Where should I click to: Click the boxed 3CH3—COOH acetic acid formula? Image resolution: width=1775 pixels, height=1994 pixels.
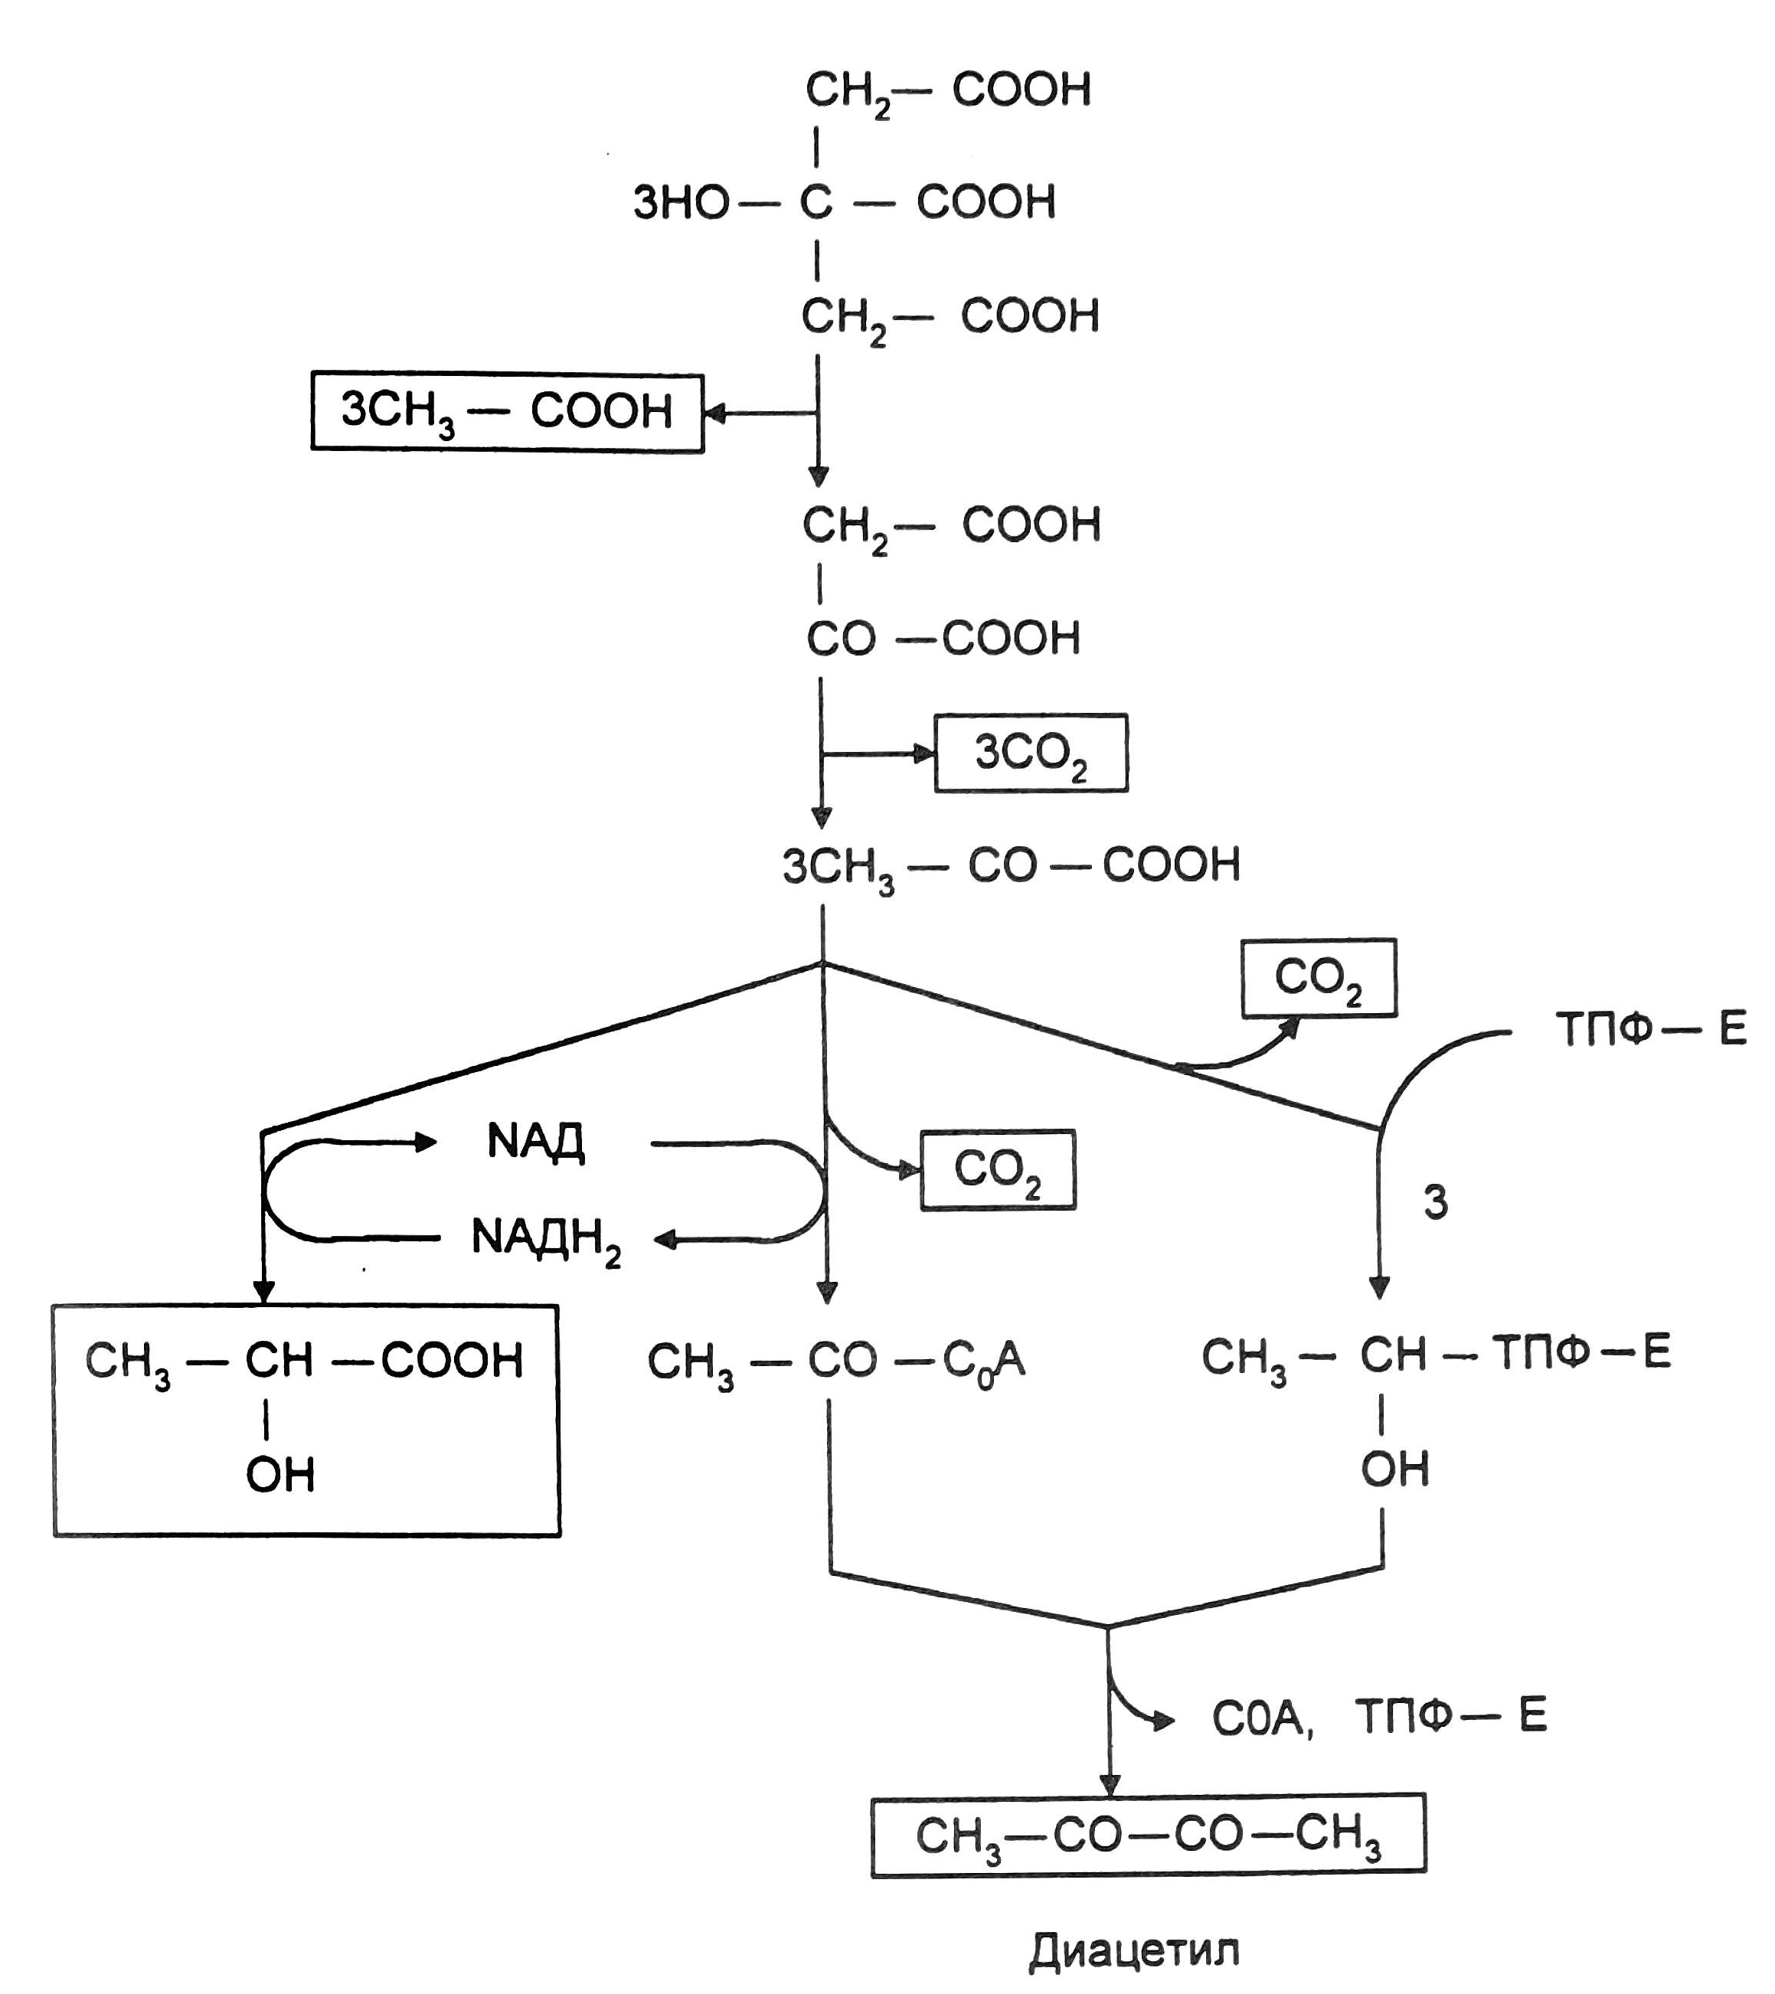point(507,412)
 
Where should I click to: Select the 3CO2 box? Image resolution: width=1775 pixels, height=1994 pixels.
point(1031,753)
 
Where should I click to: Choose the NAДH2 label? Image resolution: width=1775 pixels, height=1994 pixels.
point(545,1239)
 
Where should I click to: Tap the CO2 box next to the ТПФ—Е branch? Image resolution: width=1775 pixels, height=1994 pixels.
point(1319,979)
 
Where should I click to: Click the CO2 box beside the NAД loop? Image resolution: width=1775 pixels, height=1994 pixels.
point(998,1169)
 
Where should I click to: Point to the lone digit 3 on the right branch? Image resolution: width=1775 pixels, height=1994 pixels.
point(1436,1203)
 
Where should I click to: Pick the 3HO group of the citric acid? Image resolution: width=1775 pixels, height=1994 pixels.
point(681,203)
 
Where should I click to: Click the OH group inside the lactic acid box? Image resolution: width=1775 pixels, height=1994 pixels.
point(280,1475)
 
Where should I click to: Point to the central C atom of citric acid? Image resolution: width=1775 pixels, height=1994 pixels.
point(816,203)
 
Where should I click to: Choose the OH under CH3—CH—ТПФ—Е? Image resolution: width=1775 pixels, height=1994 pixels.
point(1394,1469)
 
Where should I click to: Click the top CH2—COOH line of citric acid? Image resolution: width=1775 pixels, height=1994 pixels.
point(948,90)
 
